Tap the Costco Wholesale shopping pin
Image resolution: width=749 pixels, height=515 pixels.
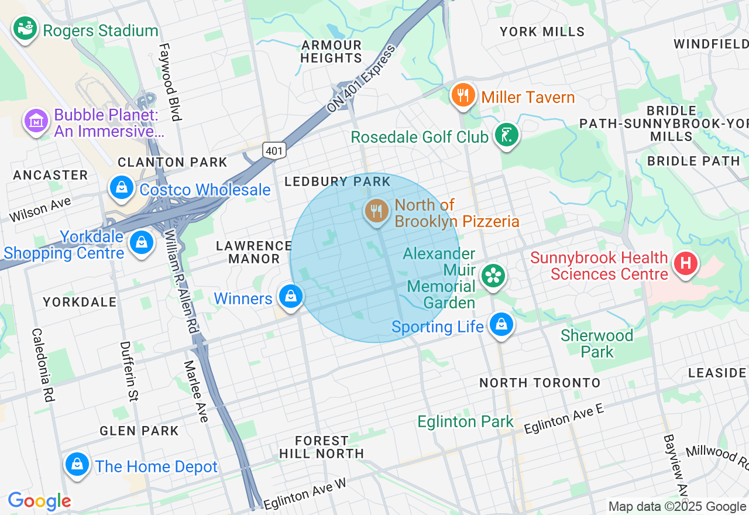coord(122,188)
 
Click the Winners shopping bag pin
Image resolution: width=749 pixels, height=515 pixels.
coord(290,297)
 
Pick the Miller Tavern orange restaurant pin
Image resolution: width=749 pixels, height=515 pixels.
coord(463,95)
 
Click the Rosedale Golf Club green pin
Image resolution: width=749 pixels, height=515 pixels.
coord(506,135)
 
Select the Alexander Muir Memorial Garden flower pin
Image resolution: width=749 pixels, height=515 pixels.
coord(493,276)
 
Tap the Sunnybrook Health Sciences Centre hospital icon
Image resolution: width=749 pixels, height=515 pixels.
coord(686,263)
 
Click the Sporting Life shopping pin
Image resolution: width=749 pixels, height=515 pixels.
coord(501,324)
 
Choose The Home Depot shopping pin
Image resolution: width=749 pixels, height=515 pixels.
coord(77,465)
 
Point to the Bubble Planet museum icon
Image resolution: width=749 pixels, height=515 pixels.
coord(36,121)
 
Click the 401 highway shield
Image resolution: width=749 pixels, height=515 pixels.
coord(274,150)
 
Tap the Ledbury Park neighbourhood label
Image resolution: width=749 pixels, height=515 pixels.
coord(337,182)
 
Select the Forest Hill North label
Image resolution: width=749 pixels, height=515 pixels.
coord(321,447)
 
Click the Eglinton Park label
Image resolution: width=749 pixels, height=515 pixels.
coord(465,421)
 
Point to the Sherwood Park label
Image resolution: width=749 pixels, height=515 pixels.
coord(597,344)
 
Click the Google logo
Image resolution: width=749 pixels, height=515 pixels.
coord(39,501)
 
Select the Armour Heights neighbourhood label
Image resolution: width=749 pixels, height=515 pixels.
coord(331,51)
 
